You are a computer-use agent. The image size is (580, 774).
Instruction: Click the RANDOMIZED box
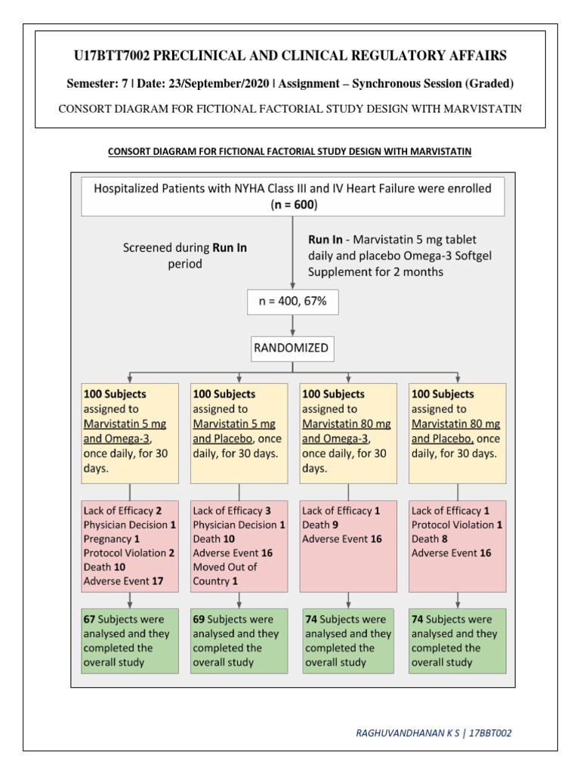coord(292,348)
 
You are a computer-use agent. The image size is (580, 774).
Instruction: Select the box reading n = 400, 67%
coord(292,303)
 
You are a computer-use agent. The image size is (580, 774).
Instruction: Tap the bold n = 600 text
coord(292,205)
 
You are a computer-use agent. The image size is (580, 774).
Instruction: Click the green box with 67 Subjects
coord(130,640)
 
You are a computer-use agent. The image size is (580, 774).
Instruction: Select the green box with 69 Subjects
coord(239,640)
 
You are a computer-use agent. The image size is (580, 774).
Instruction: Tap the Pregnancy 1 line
coord(112,539)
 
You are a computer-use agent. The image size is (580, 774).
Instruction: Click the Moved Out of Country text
coord(225,574)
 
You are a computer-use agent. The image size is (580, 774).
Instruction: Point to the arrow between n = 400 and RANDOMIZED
coord(292,326)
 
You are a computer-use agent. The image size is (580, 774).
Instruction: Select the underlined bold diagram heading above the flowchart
coord(290,151)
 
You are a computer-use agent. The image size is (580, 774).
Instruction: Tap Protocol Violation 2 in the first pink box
coord(129,553)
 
